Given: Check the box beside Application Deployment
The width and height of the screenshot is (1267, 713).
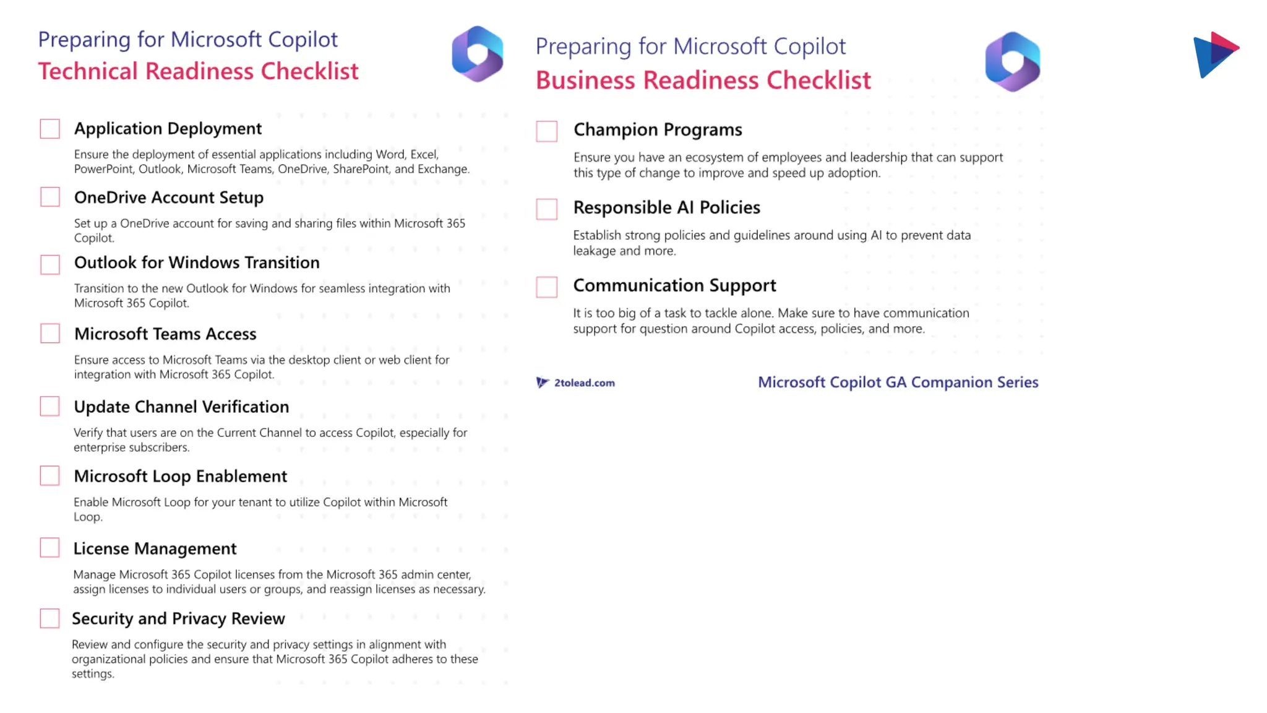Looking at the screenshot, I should (50, 129).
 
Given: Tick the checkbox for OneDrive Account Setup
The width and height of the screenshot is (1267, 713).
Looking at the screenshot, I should (50, 197).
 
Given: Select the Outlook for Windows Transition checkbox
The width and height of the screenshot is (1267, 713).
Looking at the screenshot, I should (50, 264).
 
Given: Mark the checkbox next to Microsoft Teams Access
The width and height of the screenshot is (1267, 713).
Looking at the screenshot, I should (50, 334).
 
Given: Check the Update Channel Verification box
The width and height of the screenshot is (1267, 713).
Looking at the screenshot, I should (50, 407).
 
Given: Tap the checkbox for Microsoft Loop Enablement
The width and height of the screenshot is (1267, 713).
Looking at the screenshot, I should (50, 476).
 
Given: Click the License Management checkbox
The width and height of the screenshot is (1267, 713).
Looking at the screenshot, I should (50, 548).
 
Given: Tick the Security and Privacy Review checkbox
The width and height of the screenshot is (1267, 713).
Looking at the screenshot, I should (50, 618).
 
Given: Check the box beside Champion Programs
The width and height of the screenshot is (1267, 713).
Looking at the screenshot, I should (547, 131).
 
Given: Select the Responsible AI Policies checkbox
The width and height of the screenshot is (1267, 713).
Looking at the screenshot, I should (547, 209).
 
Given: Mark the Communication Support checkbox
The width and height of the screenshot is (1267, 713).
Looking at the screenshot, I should (547, 287).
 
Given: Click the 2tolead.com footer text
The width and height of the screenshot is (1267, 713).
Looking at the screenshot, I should (584, 383).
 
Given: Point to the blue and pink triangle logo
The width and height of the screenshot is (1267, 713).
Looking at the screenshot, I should (1215, 54).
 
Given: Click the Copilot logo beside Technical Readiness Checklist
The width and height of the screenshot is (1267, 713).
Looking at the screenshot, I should (478, 54).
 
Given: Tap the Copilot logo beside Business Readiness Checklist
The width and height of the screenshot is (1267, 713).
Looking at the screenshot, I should (1013, 62).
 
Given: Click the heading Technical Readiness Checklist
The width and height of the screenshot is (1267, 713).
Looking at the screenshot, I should (198, 72).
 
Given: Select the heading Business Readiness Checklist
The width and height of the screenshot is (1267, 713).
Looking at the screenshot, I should (703, 80).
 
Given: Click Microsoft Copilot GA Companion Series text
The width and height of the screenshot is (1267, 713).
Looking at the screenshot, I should (898, 382).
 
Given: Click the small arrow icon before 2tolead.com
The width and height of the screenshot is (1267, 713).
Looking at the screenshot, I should (542, 382).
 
